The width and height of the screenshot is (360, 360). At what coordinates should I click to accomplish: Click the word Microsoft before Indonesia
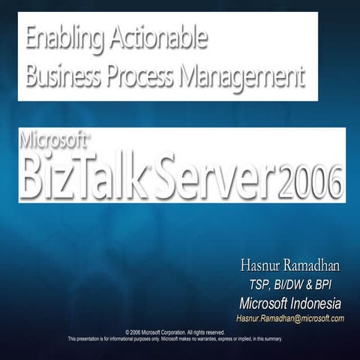(x=262, y=303)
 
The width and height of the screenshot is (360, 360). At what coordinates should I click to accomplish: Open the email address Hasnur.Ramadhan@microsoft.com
(x=289, y=319)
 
